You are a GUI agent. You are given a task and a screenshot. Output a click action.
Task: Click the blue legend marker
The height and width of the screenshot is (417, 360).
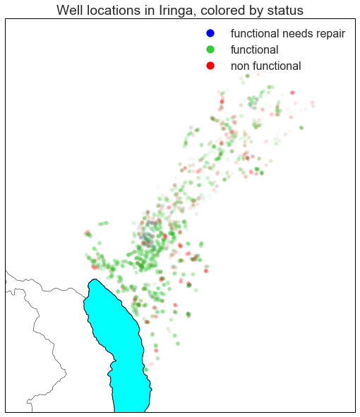coord(210,33)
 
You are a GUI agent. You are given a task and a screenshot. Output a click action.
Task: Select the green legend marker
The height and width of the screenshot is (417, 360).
coord(210,49)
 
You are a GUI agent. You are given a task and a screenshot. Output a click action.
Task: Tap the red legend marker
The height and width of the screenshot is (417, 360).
coord(210,66)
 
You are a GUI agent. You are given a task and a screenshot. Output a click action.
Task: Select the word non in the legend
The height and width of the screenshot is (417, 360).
coord(241,66)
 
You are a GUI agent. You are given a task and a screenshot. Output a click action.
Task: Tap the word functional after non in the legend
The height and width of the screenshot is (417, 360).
coord(278,66)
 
